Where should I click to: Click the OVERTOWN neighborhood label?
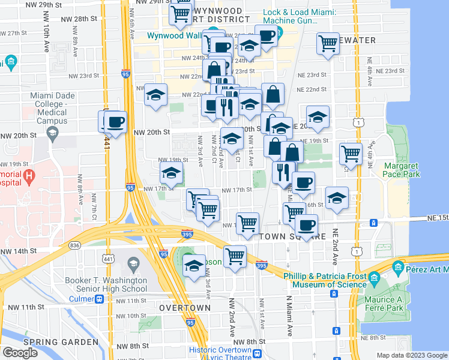(184, 308)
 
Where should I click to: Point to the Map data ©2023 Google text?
(411, 355)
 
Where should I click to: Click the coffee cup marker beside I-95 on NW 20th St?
(115, 121)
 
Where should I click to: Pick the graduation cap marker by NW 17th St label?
(171, 174)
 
